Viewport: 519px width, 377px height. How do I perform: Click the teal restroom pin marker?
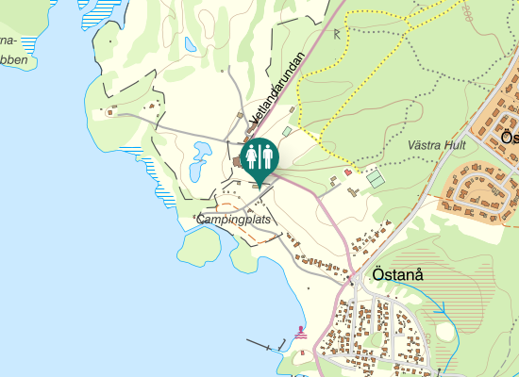click(x=259, y=158)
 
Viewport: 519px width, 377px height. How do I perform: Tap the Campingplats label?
click(x=234, y=220)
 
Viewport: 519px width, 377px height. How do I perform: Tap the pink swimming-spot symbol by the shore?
click(x=301, y=332)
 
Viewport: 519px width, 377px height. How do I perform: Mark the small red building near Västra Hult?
click(x=347, y=172)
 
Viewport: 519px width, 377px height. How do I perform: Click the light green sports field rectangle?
click(x=377, y=176)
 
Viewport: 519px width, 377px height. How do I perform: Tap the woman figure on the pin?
click(x=252, y=156)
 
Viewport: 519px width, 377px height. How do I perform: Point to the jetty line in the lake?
click(x=265, y=345)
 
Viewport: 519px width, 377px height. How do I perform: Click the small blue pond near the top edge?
click(x=191, y=44)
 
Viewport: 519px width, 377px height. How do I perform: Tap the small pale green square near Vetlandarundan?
click(x=287, y=131)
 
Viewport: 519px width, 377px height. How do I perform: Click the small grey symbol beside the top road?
click(x=337, y=35)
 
